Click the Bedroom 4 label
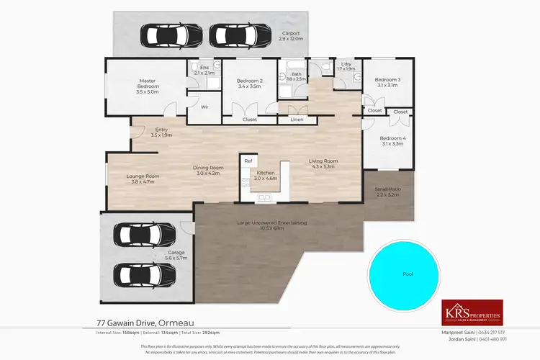pos(393,141)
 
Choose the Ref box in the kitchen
pos(248,161)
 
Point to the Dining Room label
pos(210,170)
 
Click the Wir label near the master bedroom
pos(204,107)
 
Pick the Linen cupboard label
pos(297,120)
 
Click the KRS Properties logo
pos(472,312)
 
